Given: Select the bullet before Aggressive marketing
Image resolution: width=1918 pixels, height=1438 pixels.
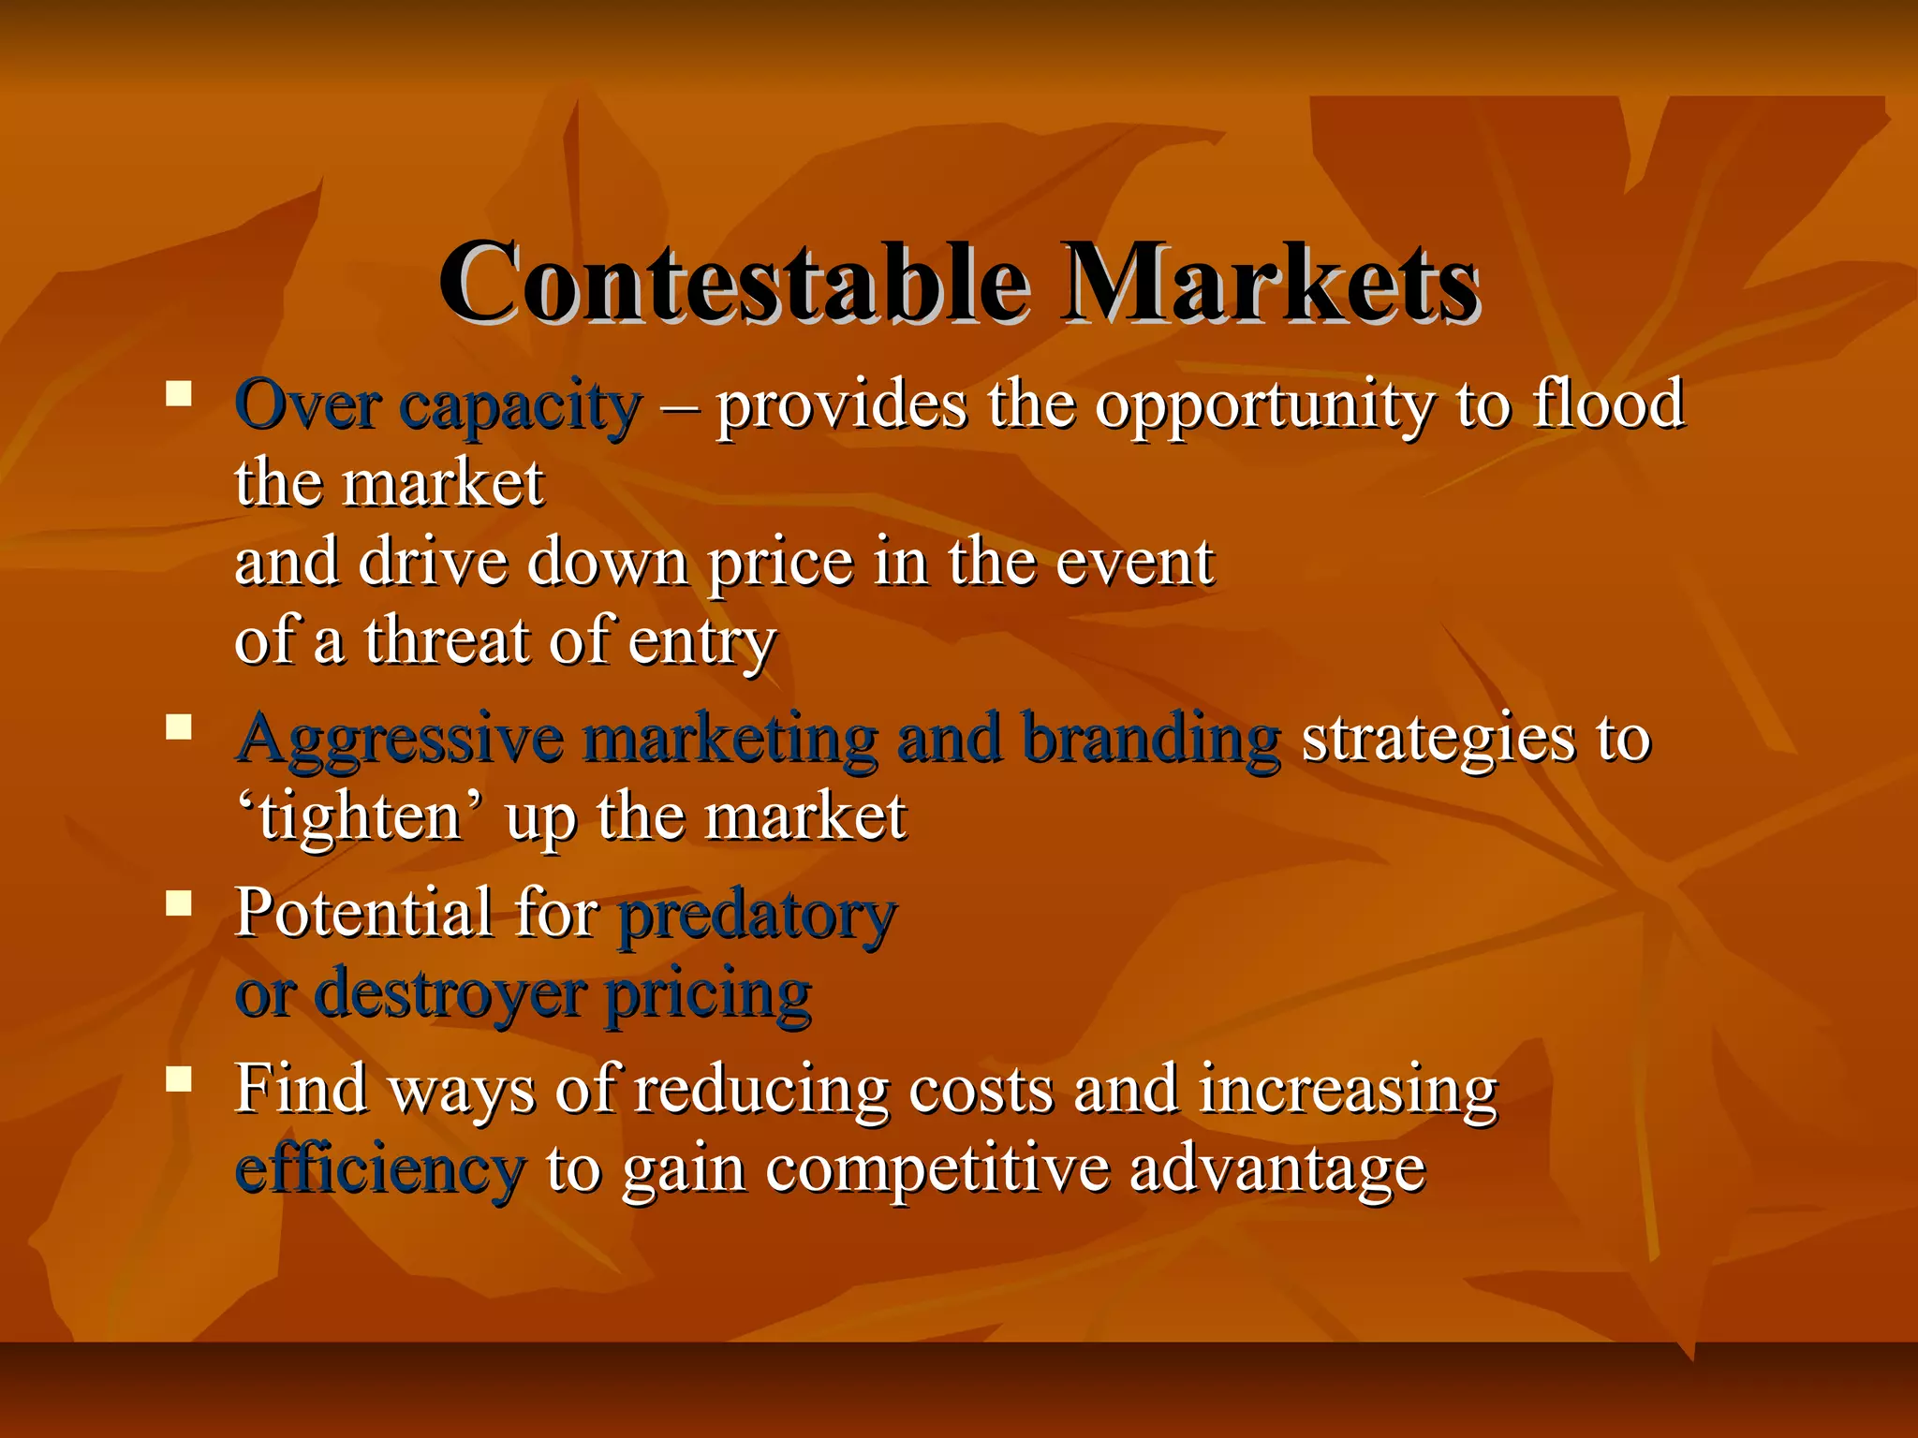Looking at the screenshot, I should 178,726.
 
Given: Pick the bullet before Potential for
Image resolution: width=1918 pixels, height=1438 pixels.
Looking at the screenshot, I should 178,903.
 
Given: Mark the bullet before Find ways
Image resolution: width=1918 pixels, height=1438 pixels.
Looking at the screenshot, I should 178,1079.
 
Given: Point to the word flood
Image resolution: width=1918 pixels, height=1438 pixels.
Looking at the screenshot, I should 1608,404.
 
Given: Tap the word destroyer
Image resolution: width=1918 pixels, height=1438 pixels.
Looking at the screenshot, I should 450,994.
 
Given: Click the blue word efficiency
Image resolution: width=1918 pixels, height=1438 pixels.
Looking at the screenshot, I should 379,1170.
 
